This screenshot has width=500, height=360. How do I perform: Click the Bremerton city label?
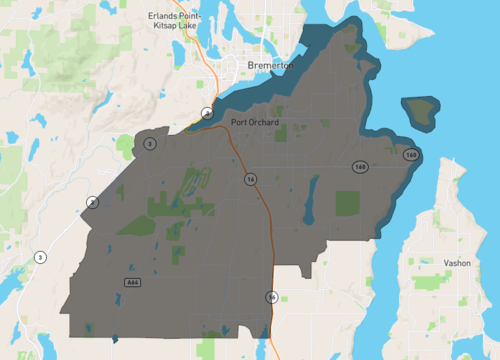[x=271, y=65]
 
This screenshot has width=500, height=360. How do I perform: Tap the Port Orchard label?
[x=254, y=123]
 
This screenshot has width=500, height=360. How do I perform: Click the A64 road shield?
[x=132, y=283]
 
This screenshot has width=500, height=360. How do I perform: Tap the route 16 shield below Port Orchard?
[x=250, y=178]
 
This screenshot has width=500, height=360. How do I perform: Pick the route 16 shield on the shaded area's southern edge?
[x=271, y=297]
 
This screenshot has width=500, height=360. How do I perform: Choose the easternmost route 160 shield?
[x=411, y=155]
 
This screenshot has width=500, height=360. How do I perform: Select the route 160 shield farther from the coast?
[x=358, y=166]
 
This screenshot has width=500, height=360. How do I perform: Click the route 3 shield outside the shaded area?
[x=40, y=257]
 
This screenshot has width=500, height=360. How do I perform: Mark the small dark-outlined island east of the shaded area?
[x=420, y=110]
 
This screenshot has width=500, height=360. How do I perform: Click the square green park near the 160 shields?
[x=347, y=202]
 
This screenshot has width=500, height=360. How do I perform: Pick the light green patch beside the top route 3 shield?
[x=128, y=144]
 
